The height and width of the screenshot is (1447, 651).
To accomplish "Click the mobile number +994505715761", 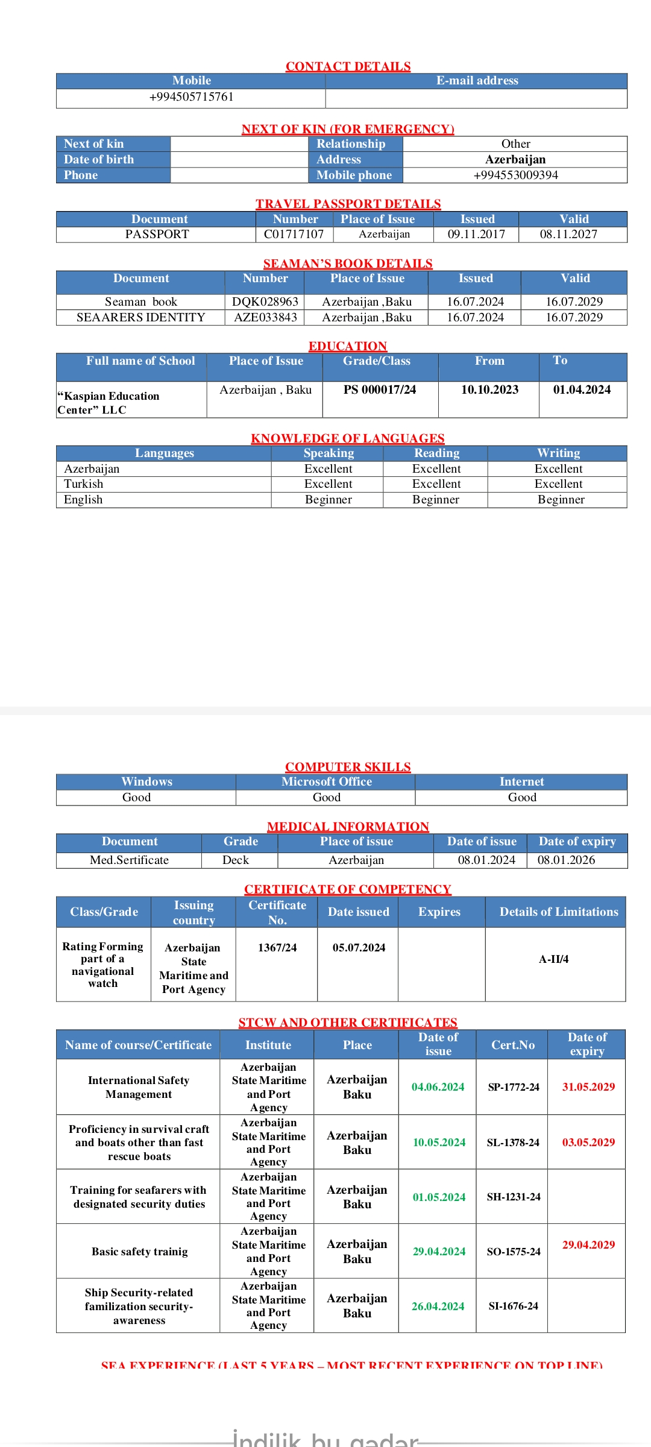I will click(191, 97).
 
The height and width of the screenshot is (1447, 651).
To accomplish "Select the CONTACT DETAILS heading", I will click(348, 66).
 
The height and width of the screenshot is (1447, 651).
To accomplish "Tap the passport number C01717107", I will click(294, 235).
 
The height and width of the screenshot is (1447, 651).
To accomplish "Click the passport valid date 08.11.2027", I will click(568, 235).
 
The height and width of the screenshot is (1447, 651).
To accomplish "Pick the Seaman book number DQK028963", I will click(265, 302).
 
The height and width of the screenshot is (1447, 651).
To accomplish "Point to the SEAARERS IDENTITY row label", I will click(140, 318).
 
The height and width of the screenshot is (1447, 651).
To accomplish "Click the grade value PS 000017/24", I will click(380, 390).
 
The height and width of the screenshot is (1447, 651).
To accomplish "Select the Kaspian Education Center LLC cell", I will click(108, 403).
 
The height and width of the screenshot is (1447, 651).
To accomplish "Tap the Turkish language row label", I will click(84, 484).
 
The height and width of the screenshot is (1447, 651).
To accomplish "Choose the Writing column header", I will click(558, 453).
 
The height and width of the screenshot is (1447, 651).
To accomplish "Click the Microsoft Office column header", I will click(326, 782).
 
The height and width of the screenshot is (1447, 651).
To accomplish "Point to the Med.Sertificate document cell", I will click(129, 860).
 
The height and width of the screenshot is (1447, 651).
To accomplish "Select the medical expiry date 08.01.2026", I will click(566, 860).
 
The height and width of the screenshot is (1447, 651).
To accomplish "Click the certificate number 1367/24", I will click(277, 948).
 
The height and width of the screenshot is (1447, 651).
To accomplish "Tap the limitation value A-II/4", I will click(553, 959).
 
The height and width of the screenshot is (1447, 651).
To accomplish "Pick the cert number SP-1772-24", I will click(514, 1087).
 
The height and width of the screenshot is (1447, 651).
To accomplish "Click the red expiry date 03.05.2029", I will click(588, 1143).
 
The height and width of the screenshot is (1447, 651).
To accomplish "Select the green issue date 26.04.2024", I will click(438, 1307).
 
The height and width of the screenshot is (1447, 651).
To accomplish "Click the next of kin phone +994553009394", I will click(515, 175).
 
